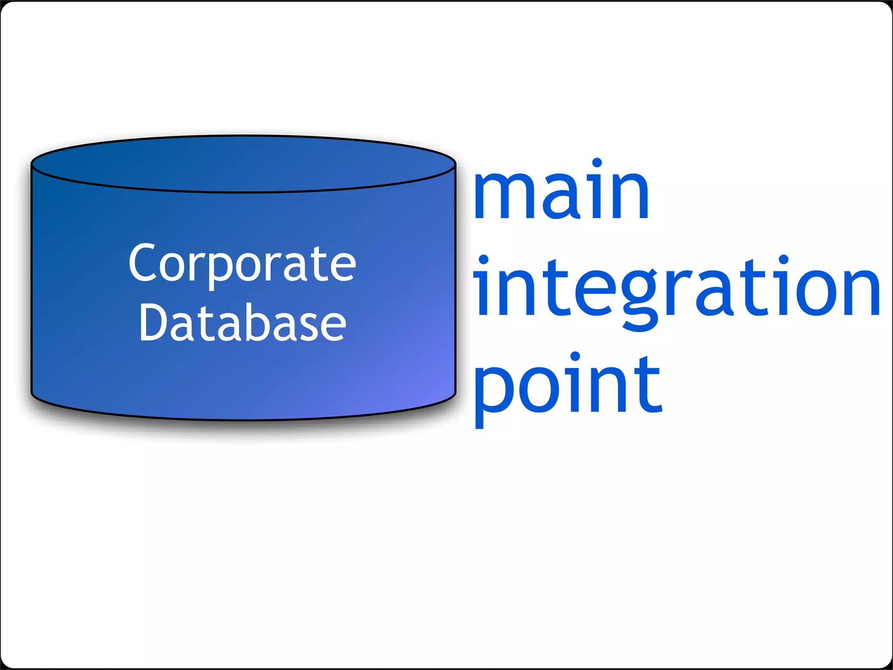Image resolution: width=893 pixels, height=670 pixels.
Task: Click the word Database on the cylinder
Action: click(242, 323)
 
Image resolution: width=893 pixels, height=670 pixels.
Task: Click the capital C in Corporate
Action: click(142, 263)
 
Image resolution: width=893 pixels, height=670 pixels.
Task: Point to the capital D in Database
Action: click(152, 322)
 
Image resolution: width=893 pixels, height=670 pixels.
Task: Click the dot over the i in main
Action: click(596, 163)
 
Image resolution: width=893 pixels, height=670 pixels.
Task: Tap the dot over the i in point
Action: click(575, 356)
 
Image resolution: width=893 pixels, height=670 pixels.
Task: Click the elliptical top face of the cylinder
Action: click(243, 164)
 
